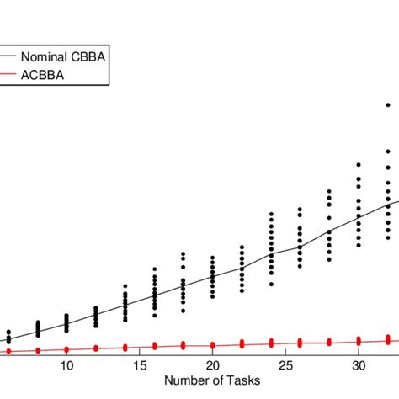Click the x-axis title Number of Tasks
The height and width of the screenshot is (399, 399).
pos(212,380)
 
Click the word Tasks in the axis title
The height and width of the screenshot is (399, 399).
pos(242,380)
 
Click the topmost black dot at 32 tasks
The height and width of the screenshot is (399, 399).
pos(388,105)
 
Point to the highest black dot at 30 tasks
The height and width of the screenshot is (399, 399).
pos(359,164)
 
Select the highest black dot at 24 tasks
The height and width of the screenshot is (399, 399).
pos(271,215)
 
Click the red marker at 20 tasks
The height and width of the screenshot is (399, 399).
pos(213,344)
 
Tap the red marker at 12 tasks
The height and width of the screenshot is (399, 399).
pos(96,348)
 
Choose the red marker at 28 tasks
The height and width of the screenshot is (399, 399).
pos(329,341)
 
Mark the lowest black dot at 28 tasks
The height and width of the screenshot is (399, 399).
pos(329,261)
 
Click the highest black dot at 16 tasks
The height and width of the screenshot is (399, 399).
pos(154,269)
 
